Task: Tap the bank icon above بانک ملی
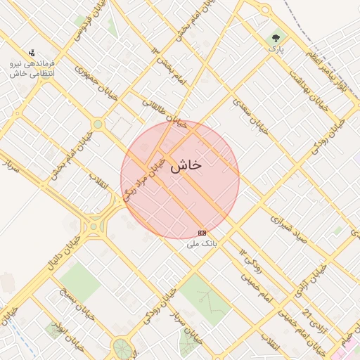point(202,233)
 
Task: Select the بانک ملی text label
point(202,244)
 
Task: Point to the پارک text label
point(276,50)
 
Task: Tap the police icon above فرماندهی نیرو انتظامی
point(31,53)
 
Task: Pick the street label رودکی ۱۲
point(250,262)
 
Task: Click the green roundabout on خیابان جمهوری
point(98,124)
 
